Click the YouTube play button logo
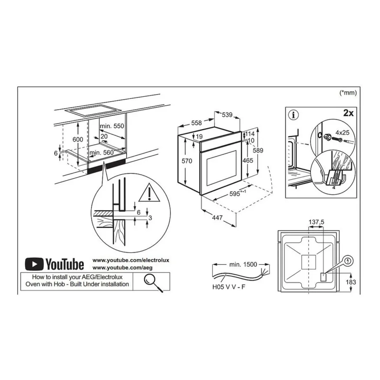pyautogui.click(x=34, y=264)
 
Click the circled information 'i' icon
pyautogui.click(x=294, y=115)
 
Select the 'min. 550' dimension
pyautogui.click(x=113, y=126)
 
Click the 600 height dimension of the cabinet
pyautogui.click(x=78, y=140)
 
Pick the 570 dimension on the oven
pyautogui.click(x=187, y=161)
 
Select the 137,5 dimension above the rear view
pyautogui.click(x=317, y=222)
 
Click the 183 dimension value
pyautogui.click(x=351, y=282)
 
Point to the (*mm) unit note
pyautogui.click(x=348, y=93)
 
